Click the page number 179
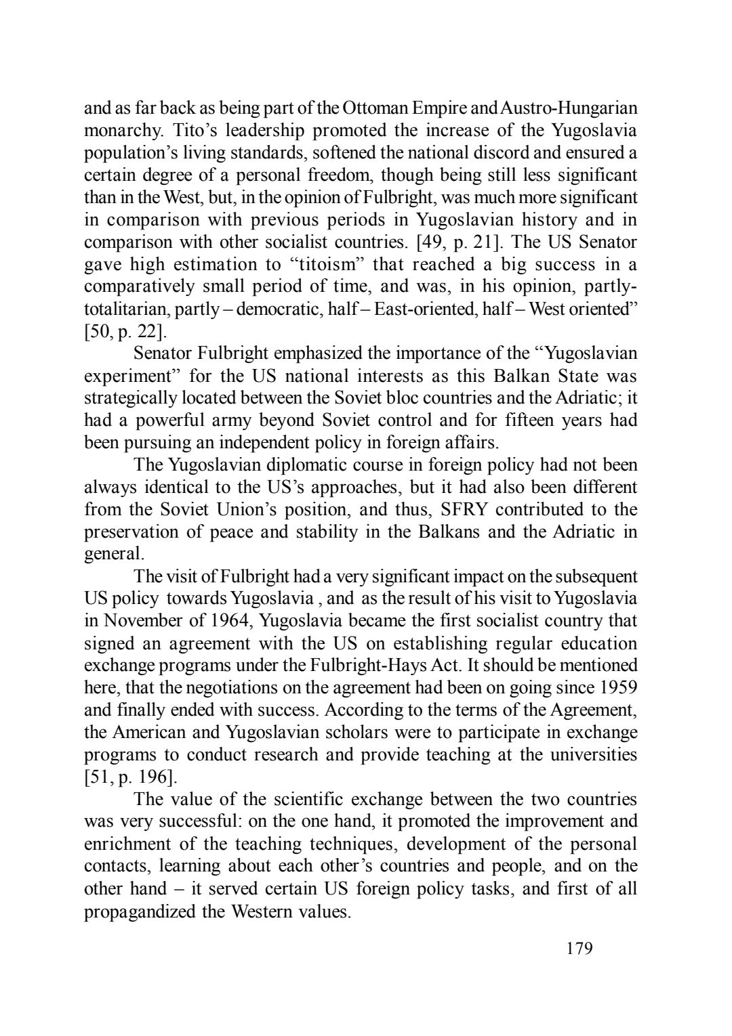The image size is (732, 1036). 579,948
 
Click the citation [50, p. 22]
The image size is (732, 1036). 125,332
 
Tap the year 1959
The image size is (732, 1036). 618,687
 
